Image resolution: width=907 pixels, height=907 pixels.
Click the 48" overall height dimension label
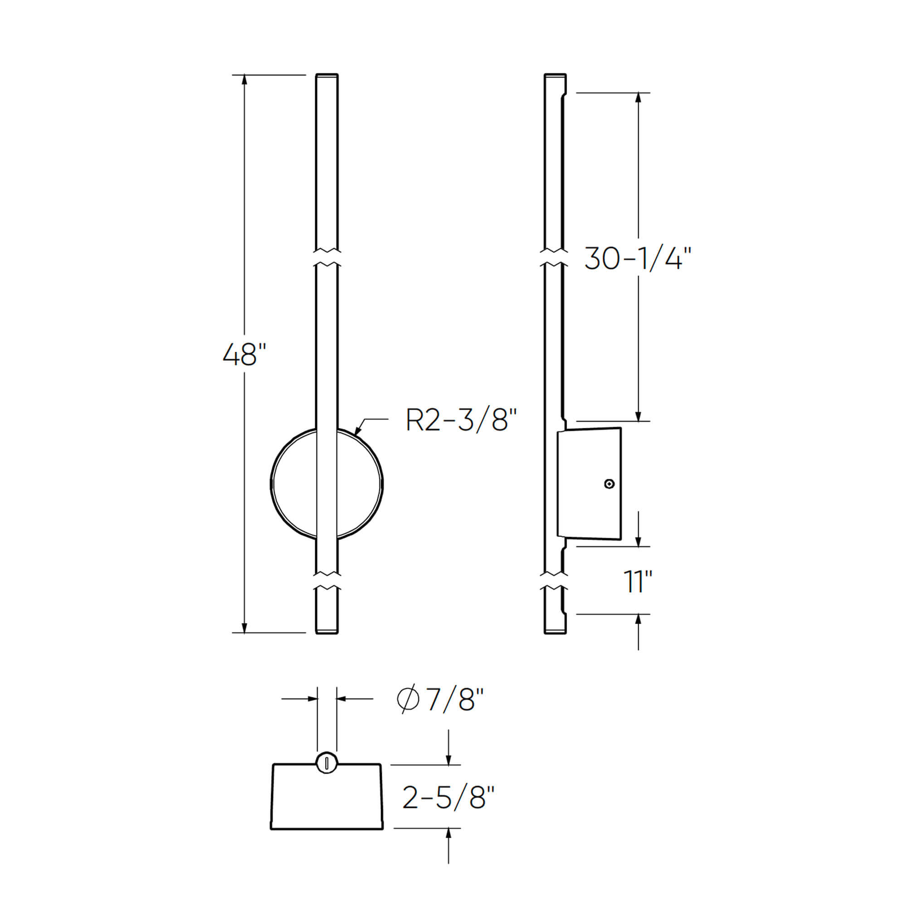tap(244, 355)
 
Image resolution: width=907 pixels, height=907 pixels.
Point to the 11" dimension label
tap(638, 582)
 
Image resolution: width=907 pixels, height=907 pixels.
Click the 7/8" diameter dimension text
tap(454, 699)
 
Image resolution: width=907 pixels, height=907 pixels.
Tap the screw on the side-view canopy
tap(609, 484)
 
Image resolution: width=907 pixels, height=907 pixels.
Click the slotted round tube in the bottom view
tap(326, 763)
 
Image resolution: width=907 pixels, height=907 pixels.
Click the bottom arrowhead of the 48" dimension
tap(244, 628)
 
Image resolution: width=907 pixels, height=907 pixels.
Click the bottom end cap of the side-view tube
tap(555, 631)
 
